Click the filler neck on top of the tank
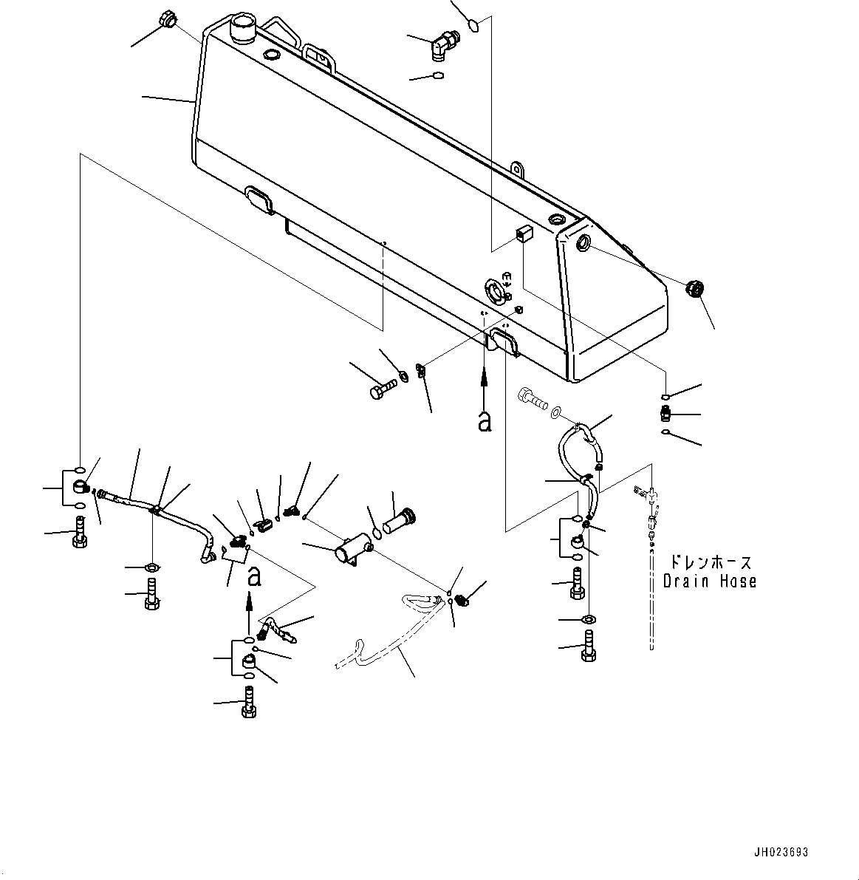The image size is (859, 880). (242, 30)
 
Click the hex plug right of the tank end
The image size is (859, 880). (694, 289)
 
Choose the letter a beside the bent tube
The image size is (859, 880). (253, 577)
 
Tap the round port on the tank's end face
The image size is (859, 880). (581, 242)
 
